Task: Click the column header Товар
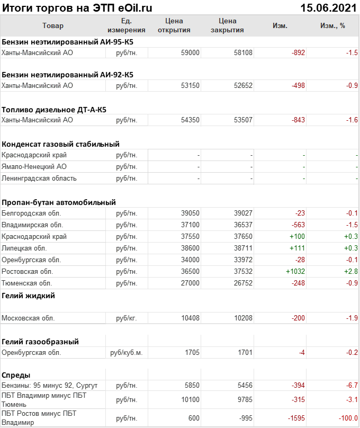pyautogui.click(x=52, y=25)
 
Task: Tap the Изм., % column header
pyautogui.click(x=332, y=25)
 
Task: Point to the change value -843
pyautogui.click(x=298, y=120)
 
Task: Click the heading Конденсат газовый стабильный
pyautogui.click(x=60, y=144)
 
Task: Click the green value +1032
pyautogui.click(x=295, y=272)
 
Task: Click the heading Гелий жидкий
pyautogui.click(x=28, y=296)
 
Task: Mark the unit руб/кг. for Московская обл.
pyautogui.click(x=127, y=318)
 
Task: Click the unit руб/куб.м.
pyautogui.click(x=127, y=353)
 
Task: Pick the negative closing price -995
pyautogui.click(x=245, y=418)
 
